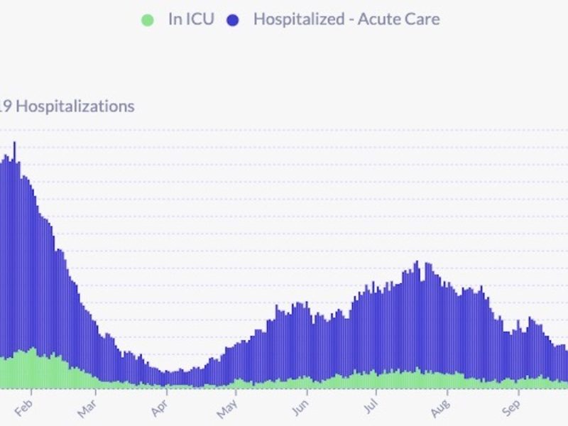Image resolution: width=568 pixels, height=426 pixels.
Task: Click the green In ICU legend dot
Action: (148, 19)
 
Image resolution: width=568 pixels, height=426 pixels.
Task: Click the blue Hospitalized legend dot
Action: (233, 19)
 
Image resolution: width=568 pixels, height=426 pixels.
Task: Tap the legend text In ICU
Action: (190, 19)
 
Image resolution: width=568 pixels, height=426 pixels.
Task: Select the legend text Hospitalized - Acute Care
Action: (346, 19)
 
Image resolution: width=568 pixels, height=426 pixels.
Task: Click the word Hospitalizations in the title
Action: (75, 106)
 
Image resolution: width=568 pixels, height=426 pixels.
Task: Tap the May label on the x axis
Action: (228, 410)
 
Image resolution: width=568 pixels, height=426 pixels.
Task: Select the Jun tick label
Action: (300, 410)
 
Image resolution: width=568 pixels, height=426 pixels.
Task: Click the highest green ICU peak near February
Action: (33, 349)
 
